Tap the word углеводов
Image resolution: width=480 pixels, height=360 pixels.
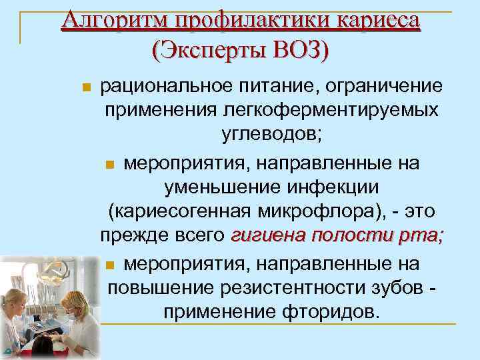click(x=269, y=134)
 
